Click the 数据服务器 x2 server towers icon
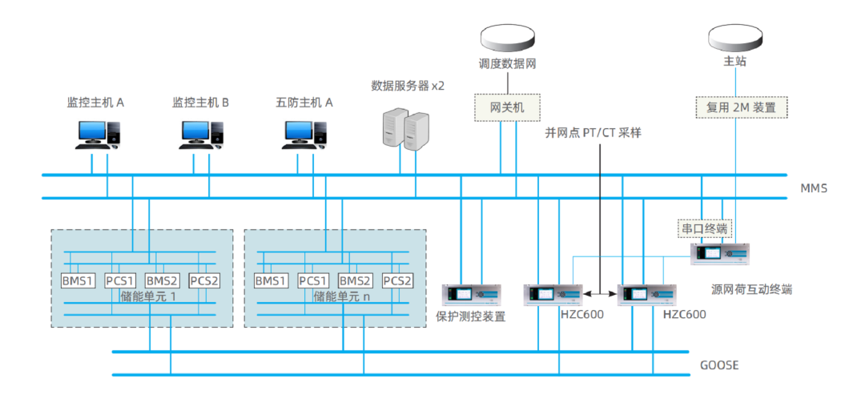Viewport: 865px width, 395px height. [x=405, y=129]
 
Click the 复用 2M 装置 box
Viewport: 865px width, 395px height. [x=741, y=107]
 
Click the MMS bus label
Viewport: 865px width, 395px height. [x=814, y=189]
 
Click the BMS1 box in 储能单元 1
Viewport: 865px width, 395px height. [x=78, y=280]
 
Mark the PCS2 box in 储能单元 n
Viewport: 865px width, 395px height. [x=398, y=280]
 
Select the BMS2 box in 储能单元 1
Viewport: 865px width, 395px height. [x=162, y=280]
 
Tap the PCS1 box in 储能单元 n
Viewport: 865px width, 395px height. [x=313, y=280]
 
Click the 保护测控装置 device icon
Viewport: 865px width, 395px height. [x=471, y=295]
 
